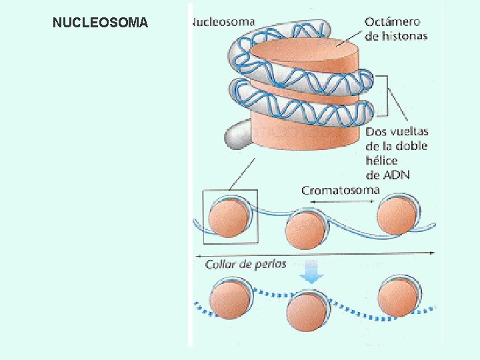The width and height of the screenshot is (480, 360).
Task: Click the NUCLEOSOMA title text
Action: coord(100,23)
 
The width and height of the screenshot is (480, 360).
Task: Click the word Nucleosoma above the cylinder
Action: coord(223,21)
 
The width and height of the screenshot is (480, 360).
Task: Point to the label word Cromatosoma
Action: coord(340,190)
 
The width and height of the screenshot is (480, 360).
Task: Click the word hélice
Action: coord(381,161)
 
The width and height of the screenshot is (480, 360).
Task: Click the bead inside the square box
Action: coord(229,217)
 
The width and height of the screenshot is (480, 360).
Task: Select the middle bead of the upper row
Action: coord(305,229)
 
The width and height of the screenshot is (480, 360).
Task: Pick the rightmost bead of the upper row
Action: coord(397,215)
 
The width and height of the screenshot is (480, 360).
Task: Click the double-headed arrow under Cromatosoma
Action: coord(340,201)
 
